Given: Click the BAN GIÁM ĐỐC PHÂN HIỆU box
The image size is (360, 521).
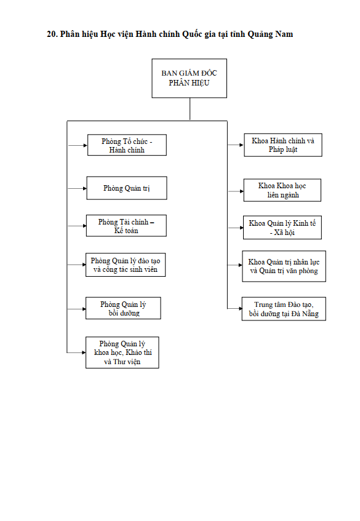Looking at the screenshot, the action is point(189,78).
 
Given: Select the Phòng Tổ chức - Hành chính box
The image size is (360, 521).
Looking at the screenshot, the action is point(127,145).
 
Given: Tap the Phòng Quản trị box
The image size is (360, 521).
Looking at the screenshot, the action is point(127,188).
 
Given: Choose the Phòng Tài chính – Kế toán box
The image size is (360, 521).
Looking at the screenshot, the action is point(126,226).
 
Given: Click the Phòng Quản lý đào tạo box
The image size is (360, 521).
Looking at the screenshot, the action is point(126,265).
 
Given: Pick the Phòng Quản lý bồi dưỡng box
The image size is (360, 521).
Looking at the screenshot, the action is point(123,308).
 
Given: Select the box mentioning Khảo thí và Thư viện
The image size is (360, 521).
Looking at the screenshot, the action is point(122,352).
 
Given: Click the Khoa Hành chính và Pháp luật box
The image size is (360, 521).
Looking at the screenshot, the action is point(283,145).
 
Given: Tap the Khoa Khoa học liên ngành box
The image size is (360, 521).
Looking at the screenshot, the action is point(282,191).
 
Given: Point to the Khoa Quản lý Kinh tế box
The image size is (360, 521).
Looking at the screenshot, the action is point(282,228).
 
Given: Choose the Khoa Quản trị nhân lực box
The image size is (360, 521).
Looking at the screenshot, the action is point(284,266).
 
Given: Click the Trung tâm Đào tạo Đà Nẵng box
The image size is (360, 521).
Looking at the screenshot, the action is point(284,309).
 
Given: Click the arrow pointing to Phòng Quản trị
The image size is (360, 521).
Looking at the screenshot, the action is point(77,188).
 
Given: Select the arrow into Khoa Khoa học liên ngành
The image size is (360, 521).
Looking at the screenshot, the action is point(236,191).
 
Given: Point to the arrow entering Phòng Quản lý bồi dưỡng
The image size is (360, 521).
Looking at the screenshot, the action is point(76,309).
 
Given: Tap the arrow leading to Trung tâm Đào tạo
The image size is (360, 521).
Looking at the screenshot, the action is point(234,308).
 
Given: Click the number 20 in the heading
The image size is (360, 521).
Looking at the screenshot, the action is point(52,34).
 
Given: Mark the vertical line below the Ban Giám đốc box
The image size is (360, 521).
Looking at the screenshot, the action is point(190,109).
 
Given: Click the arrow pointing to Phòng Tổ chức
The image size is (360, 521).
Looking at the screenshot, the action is point(78,145).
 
